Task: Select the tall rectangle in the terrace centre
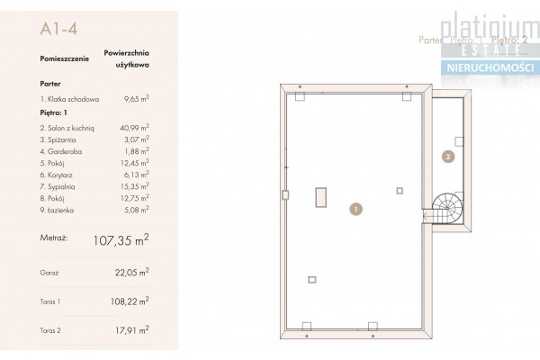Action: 319,198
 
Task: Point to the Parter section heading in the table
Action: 51,81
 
